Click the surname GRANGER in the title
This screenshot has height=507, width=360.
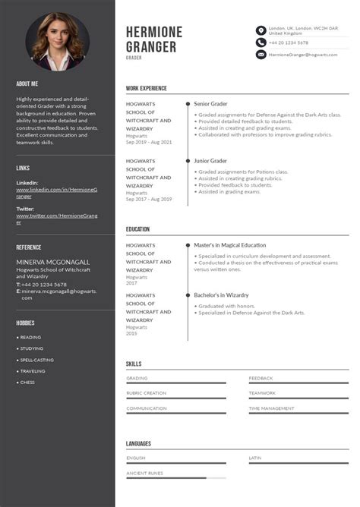click(x=151, y=46)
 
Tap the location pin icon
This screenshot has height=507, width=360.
click(x=261, y=31)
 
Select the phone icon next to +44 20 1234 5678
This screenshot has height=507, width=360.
click(x=261, y=43)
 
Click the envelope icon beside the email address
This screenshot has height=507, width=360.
click(x=261, y=55)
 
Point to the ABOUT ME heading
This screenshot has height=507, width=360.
click(x=27, y=83)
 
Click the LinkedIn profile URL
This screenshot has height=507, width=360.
click(x=56, y=192)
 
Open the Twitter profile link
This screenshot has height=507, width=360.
click(x=56, y=219)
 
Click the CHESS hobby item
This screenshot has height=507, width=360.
click(x=27, y=383)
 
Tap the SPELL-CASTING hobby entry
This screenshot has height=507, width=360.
click(x=36, y=360)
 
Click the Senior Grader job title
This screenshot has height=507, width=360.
click(x=210, y=103)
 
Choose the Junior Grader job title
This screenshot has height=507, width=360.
click(x=210, y=161)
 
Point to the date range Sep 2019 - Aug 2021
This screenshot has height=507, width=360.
click(x=149, y=142)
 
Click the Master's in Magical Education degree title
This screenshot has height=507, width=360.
click(x=229, y=245)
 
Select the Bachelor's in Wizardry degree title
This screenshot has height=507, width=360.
click(x=221, y=294)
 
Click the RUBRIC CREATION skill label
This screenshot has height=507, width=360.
click(x=146, y=393)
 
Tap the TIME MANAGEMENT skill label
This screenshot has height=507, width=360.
click(x=271, y=408)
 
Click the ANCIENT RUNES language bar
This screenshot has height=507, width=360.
click(x=175, y=477)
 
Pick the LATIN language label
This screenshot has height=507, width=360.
click(x=254, y=458)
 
